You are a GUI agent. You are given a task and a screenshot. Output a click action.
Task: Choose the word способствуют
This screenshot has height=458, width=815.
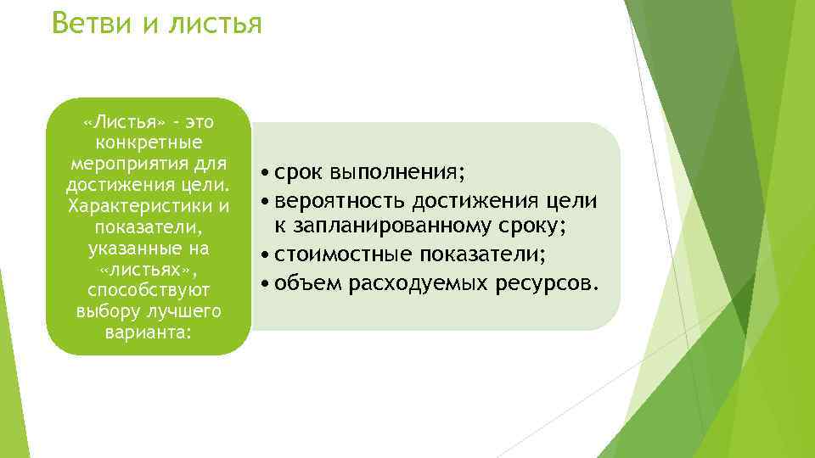pyautogui.click(x=149, y=291)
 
